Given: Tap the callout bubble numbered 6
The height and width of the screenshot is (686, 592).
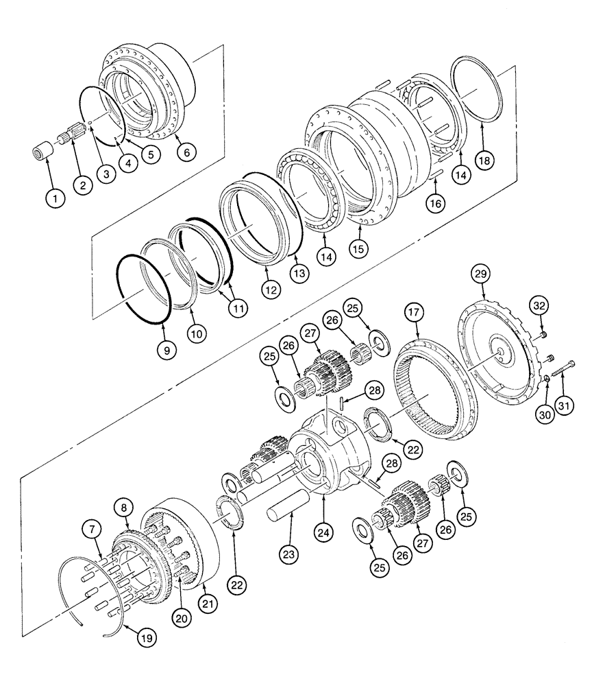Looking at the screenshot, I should point(184,153).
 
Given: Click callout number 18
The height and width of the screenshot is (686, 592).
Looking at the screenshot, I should point(483,161).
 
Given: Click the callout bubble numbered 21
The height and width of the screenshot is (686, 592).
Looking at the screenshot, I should point(206,604).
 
